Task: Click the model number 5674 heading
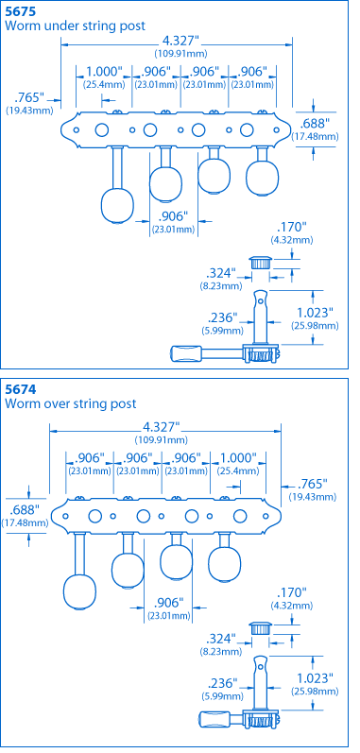pos(19,388)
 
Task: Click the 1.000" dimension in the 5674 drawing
pos(238,457)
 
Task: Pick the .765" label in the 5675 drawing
pos(29,98)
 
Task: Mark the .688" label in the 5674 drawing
pos(24,509)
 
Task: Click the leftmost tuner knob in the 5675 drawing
pos(117,206)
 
